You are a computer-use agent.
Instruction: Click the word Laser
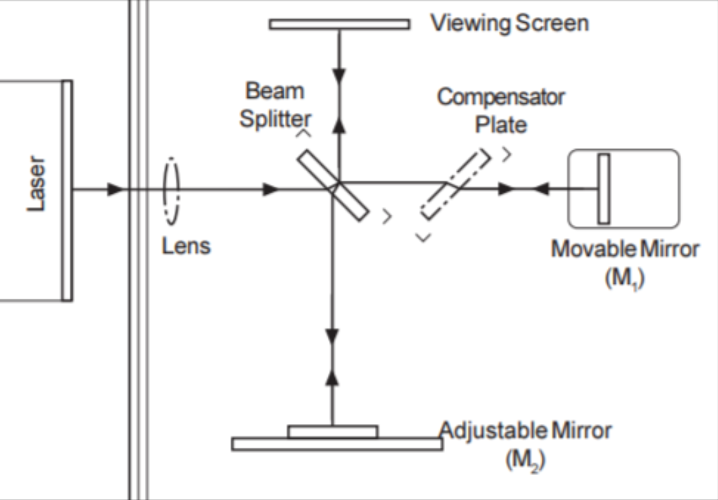[x=37, y=184]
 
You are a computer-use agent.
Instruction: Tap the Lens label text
[x=186, y=246]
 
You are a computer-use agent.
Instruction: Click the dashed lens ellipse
[x=171, y=191]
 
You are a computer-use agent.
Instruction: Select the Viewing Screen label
[x=509, y=23]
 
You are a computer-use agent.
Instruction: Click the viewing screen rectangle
[x=339, y=24]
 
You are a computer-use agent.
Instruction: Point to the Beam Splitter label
[x=275, y=105]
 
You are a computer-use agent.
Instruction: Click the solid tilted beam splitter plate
[x=333, y=184]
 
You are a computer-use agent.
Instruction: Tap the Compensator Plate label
[x=501, y=110]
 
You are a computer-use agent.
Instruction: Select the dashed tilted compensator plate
[x=455, y=185]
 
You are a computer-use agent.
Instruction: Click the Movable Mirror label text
[x=624, y=249]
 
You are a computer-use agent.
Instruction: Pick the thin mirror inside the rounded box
[x=603, y=189]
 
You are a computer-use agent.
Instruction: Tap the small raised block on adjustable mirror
[x=333, y=431]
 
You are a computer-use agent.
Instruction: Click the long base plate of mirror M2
[x=337, y=444]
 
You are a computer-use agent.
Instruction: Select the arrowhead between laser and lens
[x=116, y=190]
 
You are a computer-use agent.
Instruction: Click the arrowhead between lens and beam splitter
[x=271, y=190]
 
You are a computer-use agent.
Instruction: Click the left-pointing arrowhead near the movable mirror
[x=540, y=190]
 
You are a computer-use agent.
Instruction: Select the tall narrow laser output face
[x=66, y=190]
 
